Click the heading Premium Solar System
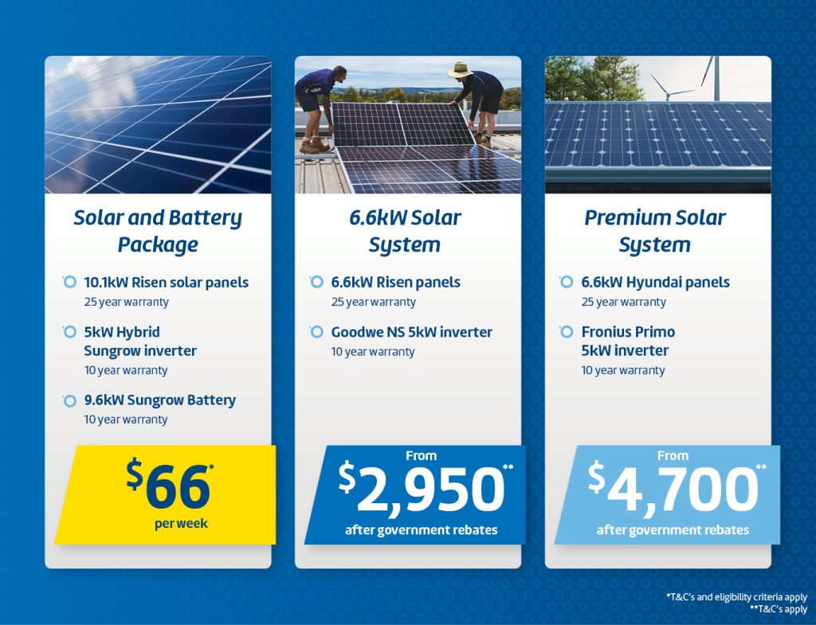(655, 231)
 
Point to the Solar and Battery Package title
(158, 231)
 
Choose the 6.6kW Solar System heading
(405, 231)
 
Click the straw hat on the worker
(460, 70)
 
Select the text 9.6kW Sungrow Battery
(159, 400)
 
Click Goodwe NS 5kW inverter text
(412, 332)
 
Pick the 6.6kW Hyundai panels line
(655, 283)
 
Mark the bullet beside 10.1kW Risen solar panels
(69, 282)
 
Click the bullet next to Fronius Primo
(567, 331)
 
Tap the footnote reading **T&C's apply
(779, 608)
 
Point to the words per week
(181, 524)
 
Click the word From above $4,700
(673, 455)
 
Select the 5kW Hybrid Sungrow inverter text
(140, 341)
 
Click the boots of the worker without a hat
(314, 146)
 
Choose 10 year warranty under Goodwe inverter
(373, 352)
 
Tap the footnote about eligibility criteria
(737, 597)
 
